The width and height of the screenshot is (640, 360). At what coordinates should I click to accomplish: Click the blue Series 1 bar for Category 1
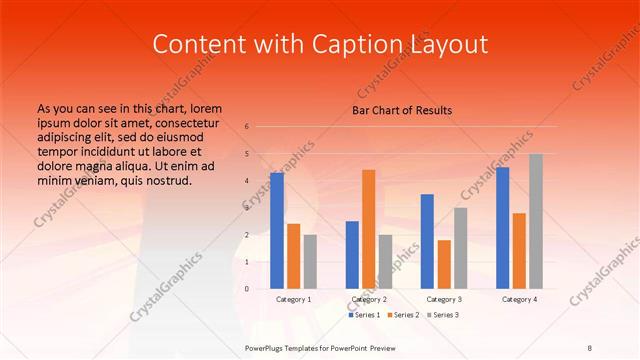coord(277,231)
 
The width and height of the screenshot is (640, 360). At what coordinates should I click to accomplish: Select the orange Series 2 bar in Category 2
coord(369,229)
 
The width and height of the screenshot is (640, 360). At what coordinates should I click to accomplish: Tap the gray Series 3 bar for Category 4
coord(536,221)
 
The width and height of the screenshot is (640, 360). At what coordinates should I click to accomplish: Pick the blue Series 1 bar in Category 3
coord(427,241)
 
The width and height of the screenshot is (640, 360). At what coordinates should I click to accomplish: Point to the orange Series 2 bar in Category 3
coord(444,264)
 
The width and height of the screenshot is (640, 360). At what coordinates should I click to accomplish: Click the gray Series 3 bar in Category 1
coord(310,262)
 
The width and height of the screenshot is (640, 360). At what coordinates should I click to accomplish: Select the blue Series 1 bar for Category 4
coord(503,228)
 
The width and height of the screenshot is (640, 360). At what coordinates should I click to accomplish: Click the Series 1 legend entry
coord(367,315)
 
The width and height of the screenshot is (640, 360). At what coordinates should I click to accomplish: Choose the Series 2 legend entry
coord(406,315)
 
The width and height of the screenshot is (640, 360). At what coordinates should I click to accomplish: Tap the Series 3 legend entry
coord(445,315)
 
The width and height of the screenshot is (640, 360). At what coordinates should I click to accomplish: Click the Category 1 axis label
coord(293,299)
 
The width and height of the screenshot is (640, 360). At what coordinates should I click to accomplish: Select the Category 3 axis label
coord(444,299)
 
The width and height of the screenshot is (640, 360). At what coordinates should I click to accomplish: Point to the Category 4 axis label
coord(519,299)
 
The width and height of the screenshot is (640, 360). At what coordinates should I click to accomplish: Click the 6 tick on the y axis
coord(247,127)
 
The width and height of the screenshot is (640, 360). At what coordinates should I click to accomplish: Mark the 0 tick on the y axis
coord(247,289)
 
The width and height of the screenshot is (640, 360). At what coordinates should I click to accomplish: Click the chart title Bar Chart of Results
coord(402,110)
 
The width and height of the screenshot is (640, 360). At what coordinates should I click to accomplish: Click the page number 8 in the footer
coord(589,347)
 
